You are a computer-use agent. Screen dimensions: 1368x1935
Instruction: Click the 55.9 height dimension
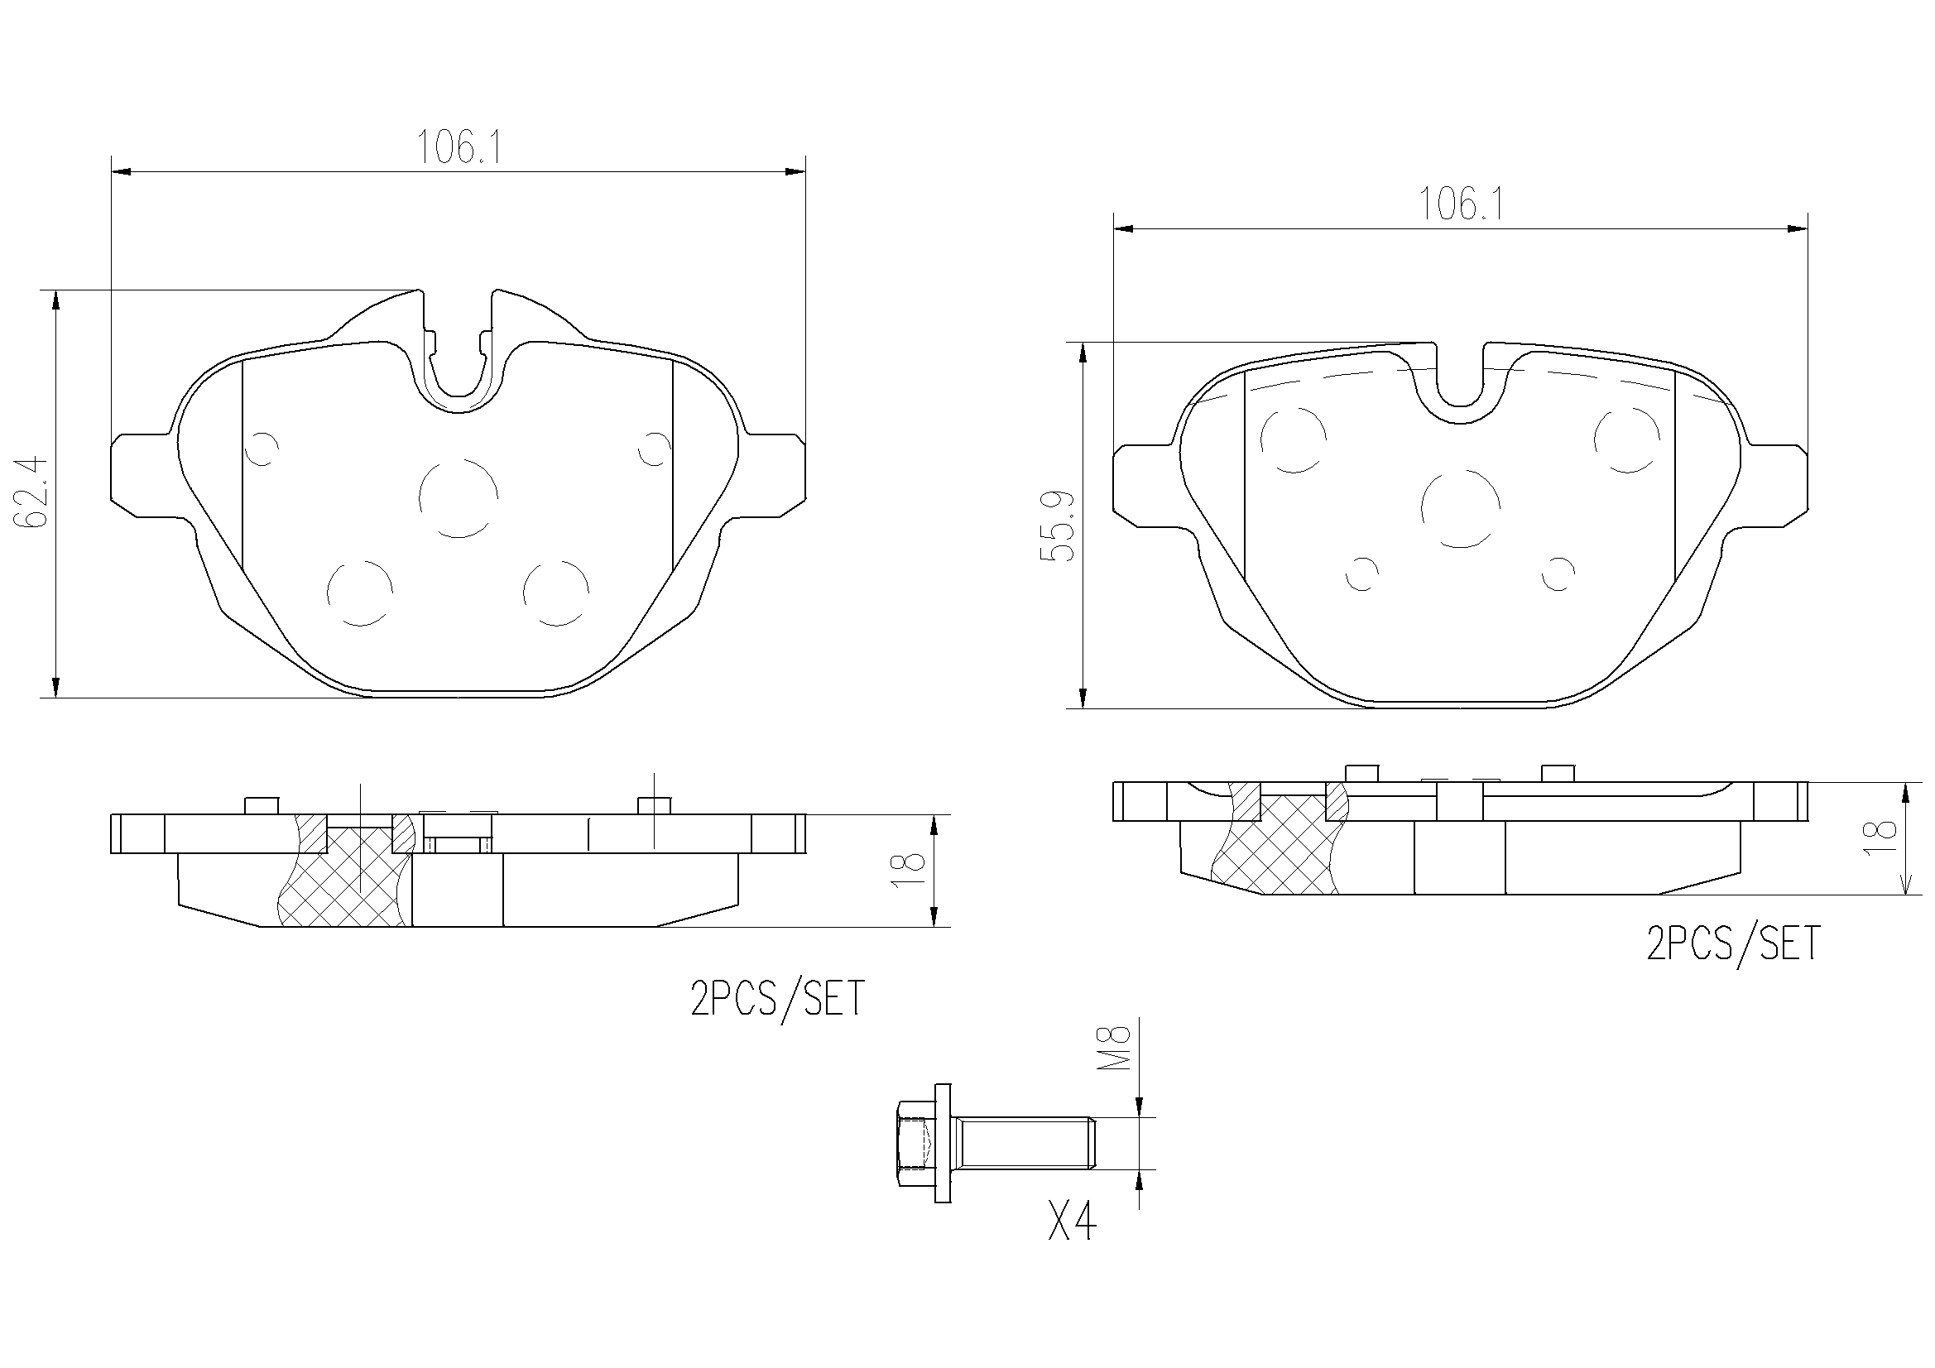coord(1059,526)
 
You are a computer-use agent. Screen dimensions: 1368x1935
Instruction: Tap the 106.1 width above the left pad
coord(460,148)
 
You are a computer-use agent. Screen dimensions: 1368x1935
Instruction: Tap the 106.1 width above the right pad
coord(1462,204)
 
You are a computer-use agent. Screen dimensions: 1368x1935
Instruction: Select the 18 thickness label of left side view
coord(910,869)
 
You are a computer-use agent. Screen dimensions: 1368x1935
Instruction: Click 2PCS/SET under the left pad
coord(777,999)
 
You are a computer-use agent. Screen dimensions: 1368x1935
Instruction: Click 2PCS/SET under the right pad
coord(1733,943)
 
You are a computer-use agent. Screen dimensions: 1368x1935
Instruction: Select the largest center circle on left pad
coord(459,498)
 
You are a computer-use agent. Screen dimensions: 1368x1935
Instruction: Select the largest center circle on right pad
coord(1460,508)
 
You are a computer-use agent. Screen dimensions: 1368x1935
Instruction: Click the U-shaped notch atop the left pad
coord(458,362)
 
